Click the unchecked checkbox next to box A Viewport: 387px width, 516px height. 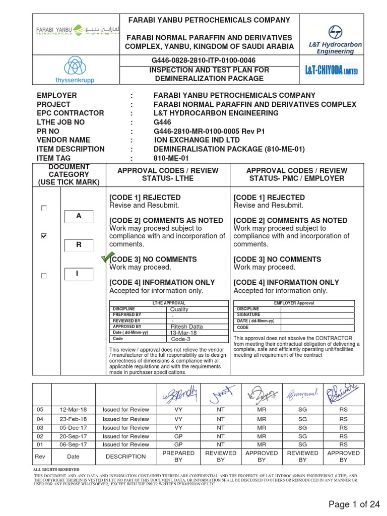coord(44,208)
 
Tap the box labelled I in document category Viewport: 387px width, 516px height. coord(79,274)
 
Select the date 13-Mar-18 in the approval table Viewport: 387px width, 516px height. coord(184,333)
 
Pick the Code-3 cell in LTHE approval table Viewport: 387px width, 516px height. coord(181,339)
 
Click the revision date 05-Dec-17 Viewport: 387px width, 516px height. coord(73,428)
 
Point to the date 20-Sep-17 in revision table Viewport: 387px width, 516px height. coord(73,436)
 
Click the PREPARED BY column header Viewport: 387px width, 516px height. coord(178,457)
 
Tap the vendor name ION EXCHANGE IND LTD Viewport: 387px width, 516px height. coord(197,140)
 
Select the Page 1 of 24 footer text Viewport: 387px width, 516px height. coord(354,504)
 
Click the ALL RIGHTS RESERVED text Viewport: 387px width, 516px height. coord(52,469)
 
